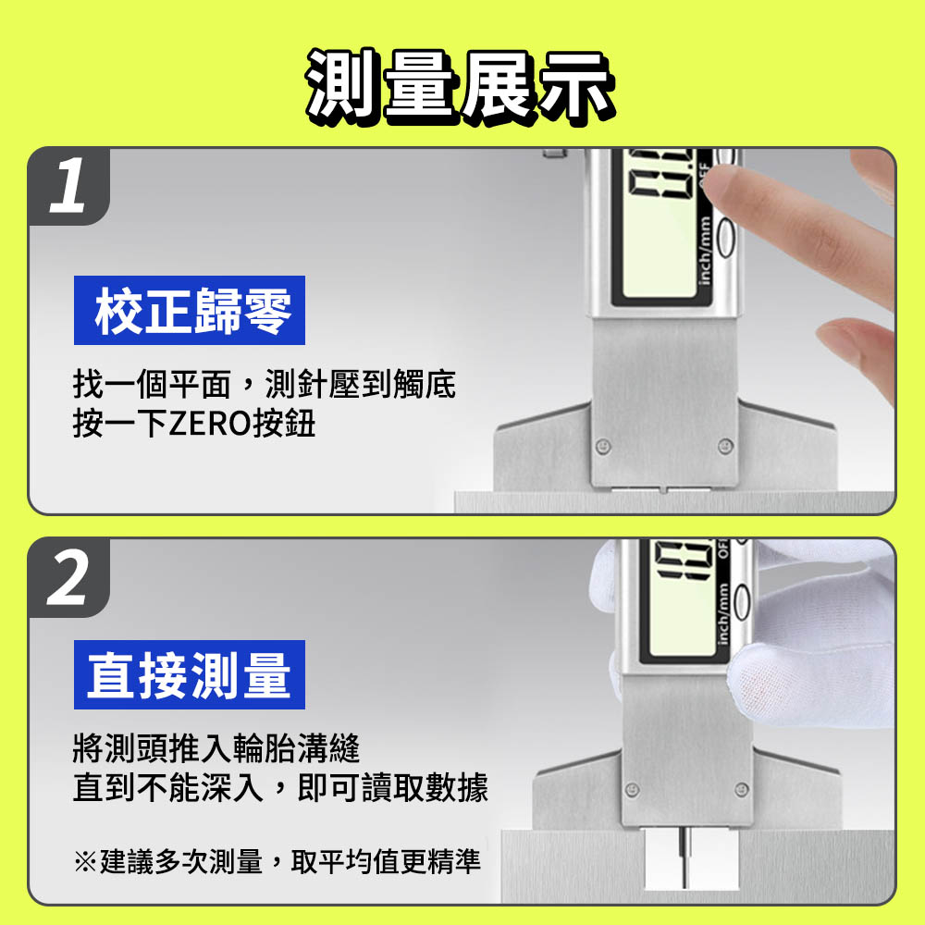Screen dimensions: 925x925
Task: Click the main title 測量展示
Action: click(x=460, y=87)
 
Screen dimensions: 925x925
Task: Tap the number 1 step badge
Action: click(x=68, y=186)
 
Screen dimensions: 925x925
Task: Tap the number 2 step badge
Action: click(x=68, y=577)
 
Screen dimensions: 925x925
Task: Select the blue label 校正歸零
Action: click(x=190, y=310)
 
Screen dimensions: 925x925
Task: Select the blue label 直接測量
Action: click(x=190, y=675)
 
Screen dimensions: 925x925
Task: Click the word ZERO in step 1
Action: click(x=210, y=424)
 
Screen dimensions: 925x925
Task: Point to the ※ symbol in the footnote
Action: click(x=85, y=861)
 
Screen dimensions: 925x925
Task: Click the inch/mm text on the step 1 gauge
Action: click(x=704, y=251)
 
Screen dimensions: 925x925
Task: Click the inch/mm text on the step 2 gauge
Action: click(x=722, y=614)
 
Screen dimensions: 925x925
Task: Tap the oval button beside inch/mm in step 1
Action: click(x=726, y=237)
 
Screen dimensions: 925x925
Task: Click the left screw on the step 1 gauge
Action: click(x=602, y=446)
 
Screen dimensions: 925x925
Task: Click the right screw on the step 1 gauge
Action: click(x=725, y=446)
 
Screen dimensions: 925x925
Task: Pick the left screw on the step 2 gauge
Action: click(x=633, y=789)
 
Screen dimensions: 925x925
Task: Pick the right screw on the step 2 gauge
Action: click(x=742, y=789)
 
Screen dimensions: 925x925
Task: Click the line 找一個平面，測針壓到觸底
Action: click(x=265, y=384)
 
